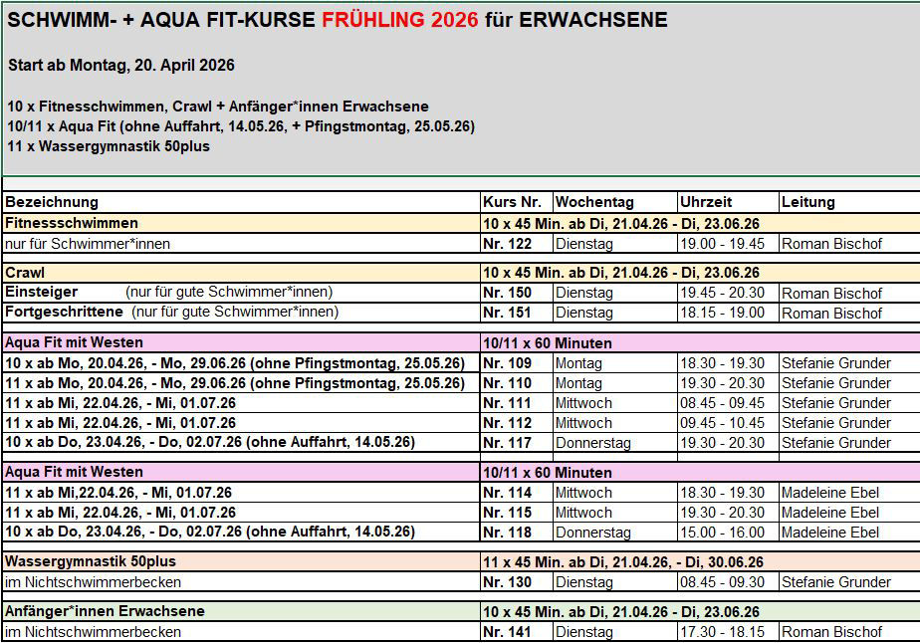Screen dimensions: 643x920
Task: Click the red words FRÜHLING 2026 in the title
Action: [x=399, y=20]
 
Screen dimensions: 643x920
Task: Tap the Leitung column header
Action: [x=807, y=202]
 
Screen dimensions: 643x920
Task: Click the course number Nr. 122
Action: [x=507, y=244]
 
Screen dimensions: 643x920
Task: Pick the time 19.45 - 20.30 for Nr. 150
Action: [x=722, y=294]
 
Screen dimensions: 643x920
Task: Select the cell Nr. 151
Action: [x=507, y=313]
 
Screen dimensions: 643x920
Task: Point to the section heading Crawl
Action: [x=25, y=273]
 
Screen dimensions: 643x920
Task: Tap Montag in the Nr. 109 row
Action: [x=578, y=363]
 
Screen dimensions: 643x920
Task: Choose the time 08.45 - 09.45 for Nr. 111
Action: [x=722, y=403]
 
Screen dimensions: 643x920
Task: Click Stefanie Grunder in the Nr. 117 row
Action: [x=835, y=443]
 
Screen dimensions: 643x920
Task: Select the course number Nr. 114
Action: [x=507, y=493]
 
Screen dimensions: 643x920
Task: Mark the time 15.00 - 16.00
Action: [x=722, y=533]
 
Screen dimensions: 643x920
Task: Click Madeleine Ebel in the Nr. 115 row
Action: [x=830, y=513]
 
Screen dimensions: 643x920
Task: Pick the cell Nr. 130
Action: [x=507, y=582]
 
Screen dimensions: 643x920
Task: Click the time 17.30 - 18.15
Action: [x=722, y=632]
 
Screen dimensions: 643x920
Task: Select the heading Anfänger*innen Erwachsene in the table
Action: [x=105, y=612]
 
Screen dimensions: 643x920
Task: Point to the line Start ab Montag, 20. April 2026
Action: [x=120, y=66]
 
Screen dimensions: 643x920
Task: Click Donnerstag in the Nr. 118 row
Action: [x=592, y=533]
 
